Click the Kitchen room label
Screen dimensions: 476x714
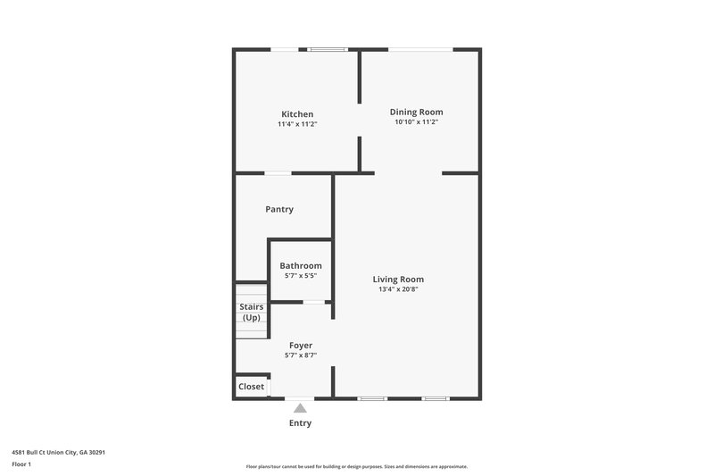click(x=297, y=114)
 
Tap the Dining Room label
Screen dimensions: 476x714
click(x=416, y=112)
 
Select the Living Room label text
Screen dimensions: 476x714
click(x=398, y=279)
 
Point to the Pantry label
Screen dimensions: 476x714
click(x=279, y=209)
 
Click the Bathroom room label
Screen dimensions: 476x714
click(x=301, y=265)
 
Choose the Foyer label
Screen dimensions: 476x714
click(x=301, y=345)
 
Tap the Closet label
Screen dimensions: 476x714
click(x=252, y=387)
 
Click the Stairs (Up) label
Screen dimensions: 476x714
click(x=252, y=313)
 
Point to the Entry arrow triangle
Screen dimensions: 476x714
click(x=301, y=408)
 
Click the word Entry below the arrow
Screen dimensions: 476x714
click(x=301, y=423)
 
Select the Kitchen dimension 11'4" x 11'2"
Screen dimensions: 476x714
click(x=297, y=124)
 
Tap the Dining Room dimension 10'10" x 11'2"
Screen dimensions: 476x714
click(x=416, y=121)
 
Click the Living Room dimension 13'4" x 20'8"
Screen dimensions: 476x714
click(x=398, y=288)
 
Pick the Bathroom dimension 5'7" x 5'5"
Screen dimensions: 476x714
click(x=301, y=275)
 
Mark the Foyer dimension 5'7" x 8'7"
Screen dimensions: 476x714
click(x=301, y=355)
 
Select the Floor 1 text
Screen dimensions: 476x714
click(x=21, y=464)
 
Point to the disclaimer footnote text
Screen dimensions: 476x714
click(x=356, y=466)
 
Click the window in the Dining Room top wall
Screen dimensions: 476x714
click(x=419, y=49)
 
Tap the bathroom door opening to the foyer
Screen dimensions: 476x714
click(x=313, y=302)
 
